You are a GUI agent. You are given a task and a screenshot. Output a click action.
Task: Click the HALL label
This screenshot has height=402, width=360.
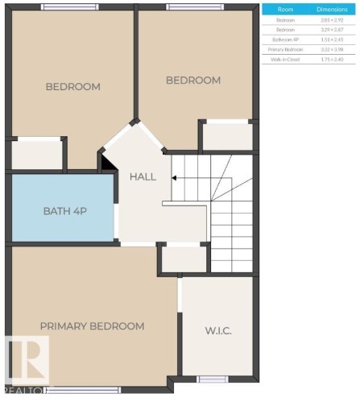tap(143, 176)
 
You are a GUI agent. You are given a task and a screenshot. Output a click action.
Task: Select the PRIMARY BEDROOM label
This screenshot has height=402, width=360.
tap(93, 326)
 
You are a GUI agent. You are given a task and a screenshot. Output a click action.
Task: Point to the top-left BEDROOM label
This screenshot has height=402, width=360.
tap(72, 87)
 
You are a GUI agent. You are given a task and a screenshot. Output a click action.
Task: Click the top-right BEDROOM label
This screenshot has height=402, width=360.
tap(192, 80)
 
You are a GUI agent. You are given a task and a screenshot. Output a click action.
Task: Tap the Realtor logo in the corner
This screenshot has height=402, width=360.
tap(27, 362)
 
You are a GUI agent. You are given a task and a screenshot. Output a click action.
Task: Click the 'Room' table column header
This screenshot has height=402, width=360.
tap(286, 9)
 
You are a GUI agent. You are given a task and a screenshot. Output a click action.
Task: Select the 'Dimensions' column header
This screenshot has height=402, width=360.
tap(331, 9)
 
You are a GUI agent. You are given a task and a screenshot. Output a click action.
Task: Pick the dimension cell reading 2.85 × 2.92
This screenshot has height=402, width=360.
tap(331, 19)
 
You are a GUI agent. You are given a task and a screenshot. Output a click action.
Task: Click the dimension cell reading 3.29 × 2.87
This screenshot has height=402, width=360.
tap(331, 29)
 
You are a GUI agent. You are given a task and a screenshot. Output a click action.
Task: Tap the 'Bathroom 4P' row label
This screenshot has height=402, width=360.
tap(286, 39)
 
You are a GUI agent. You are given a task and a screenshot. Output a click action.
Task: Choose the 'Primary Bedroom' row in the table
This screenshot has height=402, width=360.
tap(286, 48)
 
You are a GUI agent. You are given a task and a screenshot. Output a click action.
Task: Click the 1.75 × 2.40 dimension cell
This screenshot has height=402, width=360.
tap(331, 58)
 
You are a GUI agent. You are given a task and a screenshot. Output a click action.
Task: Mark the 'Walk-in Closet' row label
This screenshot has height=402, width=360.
tap(286, 58)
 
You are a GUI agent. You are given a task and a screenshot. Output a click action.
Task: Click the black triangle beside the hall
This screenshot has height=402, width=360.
tap(106, 161)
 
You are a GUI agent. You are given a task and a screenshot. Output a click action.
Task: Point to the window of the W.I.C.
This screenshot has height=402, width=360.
tap(213, 379)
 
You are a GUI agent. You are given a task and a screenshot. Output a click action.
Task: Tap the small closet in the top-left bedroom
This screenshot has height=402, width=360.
tap(38, 153)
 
